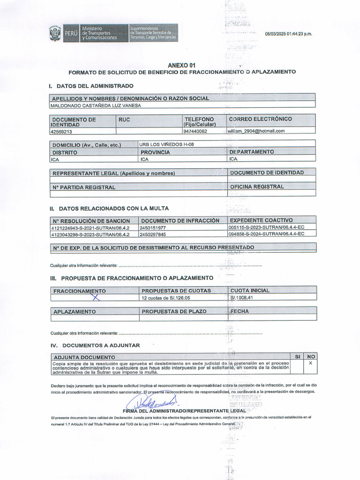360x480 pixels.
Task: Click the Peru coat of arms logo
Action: pos(55,34)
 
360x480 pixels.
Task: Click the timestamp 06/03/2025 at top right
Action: pos(288,34)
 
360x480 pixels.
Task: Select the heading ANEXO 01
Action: pos(182,65)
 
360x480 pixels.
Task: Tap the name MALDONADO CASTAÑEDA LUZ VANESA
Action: pos(95,105)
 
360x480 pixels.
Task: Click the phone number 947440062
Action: pos(196,131)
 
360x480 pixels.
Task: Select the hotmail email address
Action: pos(256,131)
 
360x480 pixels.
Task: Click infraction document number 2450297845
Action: pos(153,234)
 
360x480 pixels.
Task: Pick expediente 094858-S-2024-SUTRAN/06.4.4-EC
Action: pos(266,234)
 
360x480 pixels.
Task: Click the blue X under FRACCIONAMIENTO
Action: pos(96,296)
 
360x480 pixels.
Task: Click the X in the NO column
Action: pos(310,363)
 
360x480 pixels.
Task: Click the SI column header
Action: pos(297,357)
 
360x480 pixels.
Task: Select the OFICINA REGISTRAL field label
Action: pos(257,187)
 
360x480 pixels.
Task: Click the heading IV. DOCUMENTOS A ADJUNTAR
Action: pos(95,345)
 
